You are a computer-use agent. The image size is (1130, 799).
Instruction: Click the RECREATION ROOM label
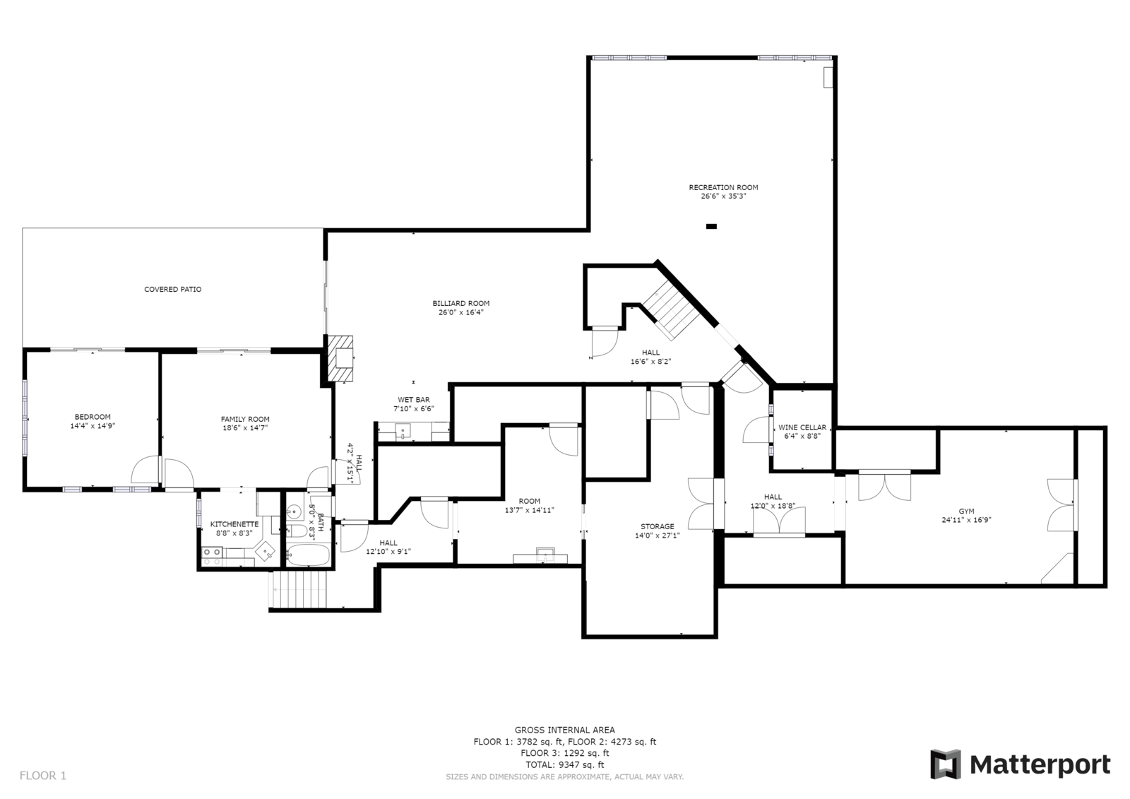(x=723, y=187)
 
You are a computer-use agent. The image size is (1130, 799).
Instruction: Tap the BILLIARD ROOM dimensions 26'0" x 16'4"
(x=460, y=312)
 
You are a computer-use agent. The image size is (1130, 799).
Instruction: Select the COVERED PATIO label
(x=172, y=290)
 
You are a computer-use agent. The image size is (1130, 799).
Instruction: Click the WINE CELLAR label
(x=802, y=427)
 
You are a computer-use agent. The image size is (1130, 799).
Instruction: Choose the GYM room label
(x=965, y=511)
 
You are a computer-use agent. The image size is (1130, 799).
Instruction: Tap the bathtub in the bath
(x=309, y=555)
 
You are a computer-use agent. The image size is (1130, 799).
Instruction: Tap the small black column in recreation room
(x=711, y=227)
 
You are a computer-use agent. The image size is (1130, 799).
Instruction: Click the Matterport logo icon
(x=945, y=764)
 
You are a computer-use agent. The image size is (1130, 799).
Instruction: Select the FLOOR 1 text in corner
(x=43, y=776)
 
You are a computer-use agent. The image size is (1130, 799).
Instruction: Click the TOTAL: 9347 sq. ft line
(x=564, y=764)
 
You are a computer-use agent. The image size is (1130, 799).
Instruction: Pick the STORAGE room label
(x=657, y=526)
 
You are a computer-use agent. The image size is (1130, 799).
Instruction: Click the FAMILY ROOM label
(x=245, y=419)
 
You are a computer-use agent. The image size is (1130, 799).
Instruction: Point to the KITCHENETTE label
(x=234, y=524)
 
